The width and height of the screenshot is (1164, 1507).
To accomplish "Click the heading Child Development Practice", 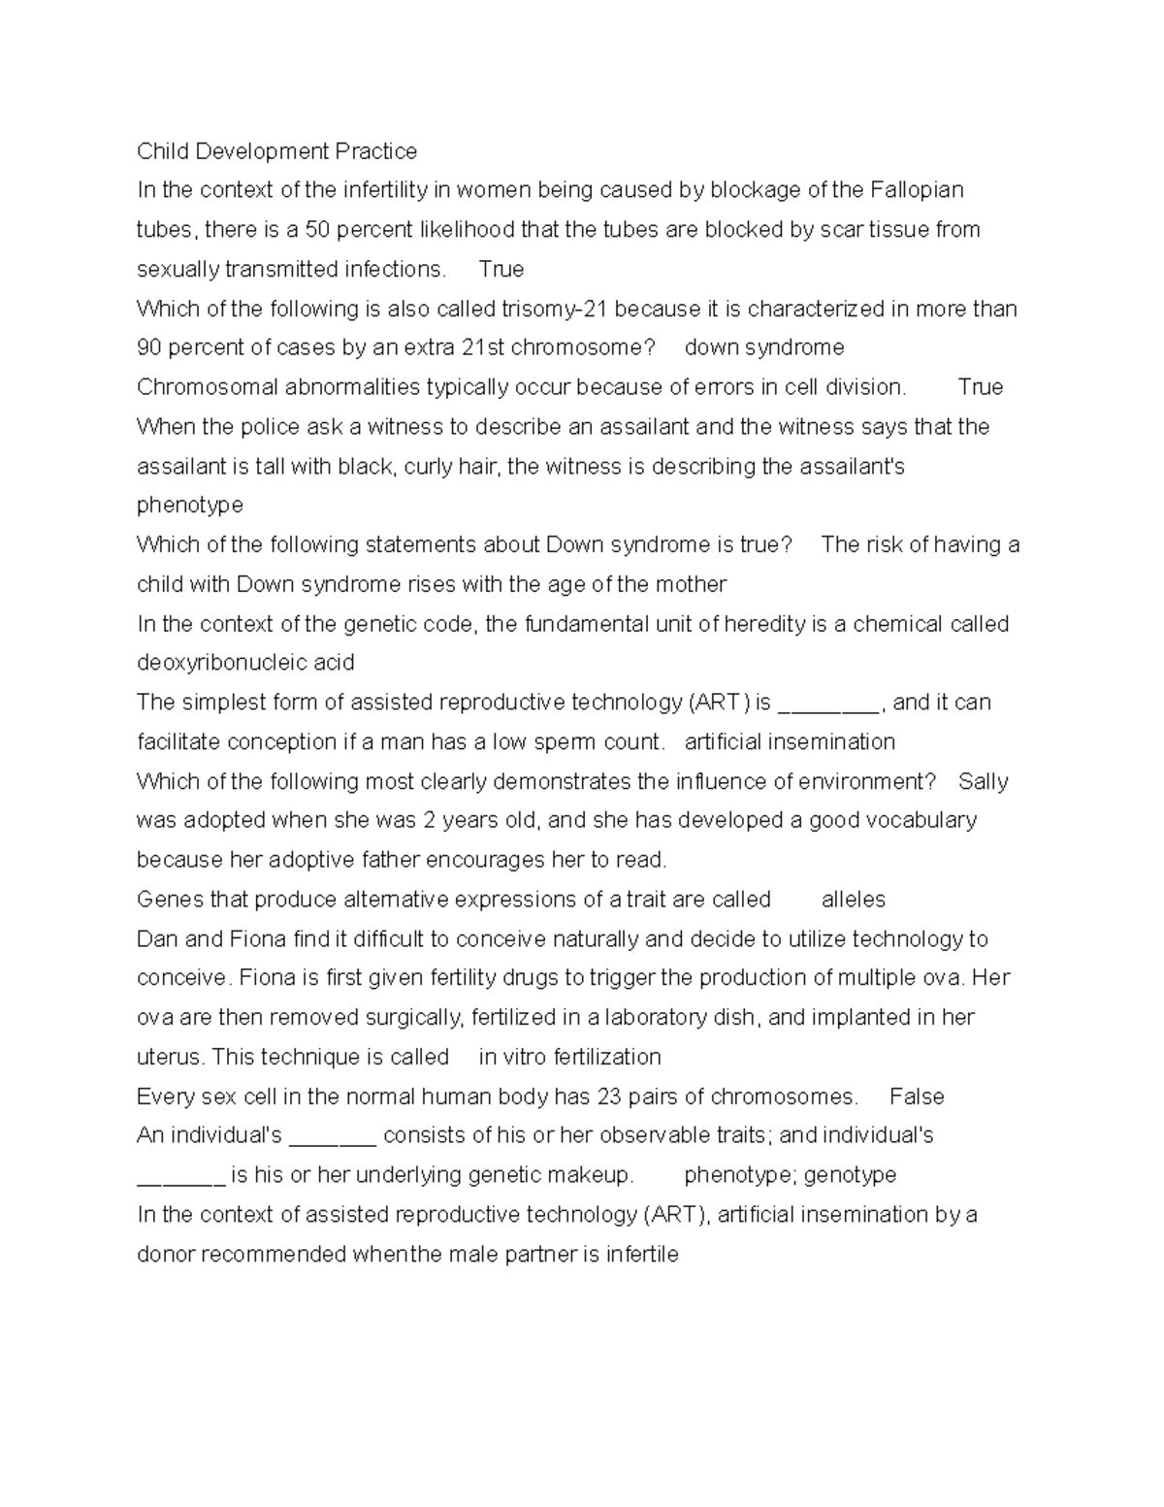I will point(276,151).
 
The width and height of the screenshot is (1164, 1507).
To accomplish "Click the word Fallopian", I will point(917,190).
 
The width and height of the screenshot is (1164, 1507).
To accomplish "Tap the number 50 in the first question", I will point(318,230).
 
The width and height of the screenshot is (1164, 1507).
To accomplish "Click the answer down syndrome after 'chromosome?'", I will point(764,347).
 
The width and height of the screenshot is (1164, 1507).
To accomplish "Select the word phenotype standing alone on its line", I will point(190,506).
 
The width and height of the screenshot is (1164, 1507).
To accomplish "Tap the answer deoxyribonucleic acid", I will point(245,663).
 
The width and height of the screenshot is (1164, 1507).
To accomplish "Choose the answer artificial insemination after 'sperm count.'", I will point(790,742).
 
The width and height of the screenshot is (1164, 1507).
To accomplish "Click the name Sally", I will point(983,782).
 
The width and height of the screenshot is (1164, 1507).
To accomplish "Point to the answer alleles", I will point(854,900).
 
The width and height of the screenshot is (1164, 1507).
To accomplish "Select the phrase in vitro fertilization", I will point(569,1057).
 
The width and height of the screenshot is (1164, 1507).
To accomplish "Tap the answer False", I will point(917,1097).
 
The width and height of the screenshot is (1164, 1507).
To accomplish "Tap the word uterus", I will point(170,1057).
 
